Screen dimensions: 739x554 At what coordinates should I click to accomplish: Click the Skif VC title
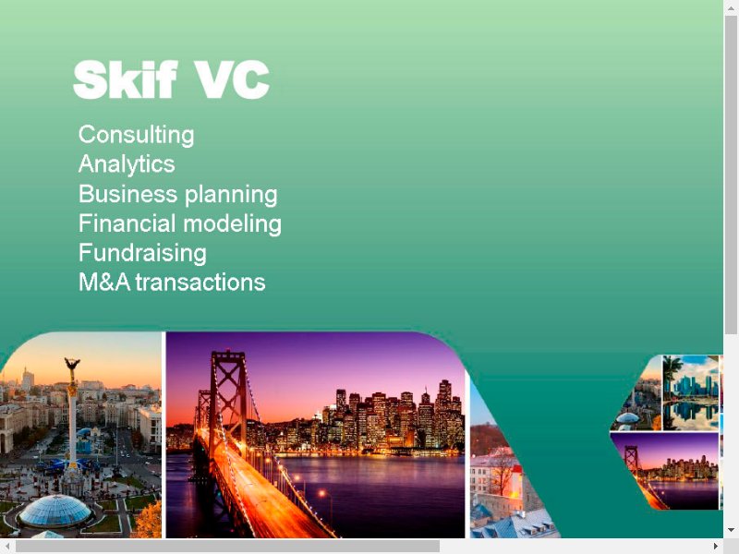(172, 79)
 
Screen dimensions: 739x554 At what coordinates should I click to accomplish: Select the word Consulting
(136, 135)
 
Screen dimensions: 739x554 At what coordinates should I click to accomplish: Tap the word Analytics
(127, 164)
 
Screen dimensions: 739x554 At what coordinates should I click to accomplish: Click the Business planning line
(178, 195)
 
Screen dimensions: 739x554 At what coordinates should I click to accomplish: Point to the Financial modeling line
(180, 223)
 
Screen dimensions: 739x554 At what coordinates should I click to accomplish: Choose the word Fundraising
(142, 253)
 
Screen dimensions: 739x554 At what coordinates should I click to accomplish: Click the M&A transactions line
(172, 283)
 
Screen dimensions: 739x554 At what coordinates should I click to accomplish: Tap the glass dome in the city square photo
(55, 511)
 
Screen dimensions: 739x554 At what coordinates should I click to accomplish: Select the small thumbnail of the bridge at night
(664, 471)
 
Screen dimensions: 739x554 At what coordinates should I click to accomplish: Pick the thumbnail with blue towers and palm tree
(691, 393)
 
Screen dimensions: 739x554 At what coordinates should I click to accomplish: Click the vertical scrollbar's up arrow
(731, 7)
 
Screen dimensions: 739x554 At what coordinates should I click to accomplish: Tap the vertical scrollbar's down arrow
(731, 530)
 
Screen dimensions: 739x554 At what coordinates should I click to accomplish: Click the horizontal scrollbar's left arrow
(7, 547)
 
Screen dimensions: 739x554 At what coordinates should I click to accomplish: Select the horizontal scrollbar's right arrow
(716, 547)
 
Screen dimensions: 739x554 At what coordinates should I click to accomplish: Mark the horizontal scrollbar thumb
(227, 547)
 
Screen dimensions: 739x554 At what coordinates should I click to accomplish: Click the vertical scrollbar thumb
(731, 175)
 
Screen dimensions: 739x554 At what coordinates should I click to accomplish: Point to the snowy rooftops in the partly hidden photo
(514, 523)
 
